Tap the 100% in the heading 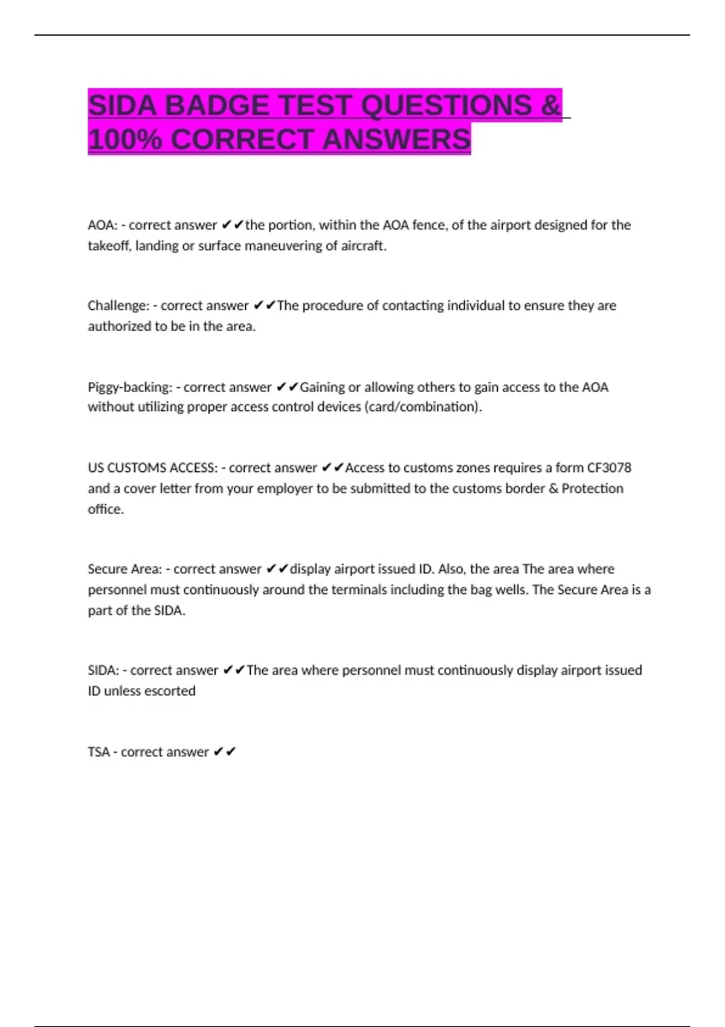click(124, 140)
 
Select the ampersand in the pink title click(550, 106)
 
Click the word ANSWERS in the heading click(396, 140)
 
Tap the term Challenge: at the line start click(118, 306)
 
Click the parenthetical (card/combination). click(423, 407)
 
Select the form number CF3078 click(609, 468)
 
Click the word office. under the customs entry click(106, 509)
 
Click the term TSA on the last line click(98, 752)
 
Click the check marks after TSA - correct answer click(225, 752)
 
